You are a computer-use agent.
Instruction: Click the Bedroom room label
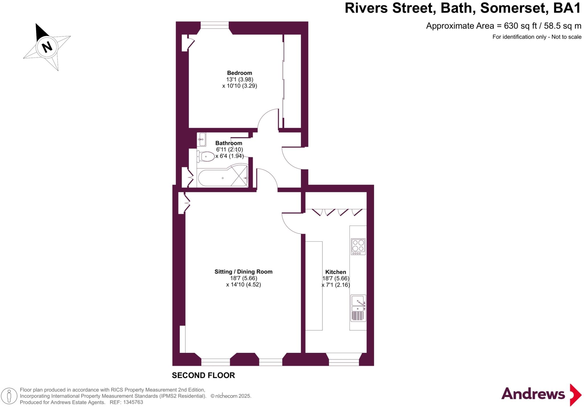[x=240, y=73]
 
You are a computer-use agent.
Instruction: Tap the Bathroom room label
[x=229, y=143]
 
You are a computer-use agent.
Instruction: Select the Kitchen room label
[x=336, y=272]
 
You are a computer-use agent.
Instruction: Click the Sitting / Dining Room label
[x=244, y=272]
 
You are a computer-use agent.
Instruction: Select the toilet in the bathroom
[x=206, y=156]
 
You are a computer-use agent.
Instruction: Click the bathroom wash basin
[x=202, y=139]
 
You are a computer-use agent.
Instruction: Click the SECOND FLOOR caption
[x=203, y=375]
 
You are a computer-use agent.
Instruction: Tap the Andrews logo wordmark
[x=533, y=394]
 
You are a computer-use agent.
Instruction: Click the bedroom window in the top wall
[x=214, y=25]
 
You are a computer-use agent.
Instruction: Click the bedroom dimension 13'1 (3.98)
[x=240, y=79]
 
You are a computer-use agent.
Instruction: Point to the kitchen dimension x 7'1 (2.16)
[x=336, y=285]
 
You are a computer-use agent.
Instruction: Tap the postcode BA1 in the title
[x=567, y=8]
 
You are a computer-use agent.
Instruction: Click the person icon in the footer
[x=9, y=396]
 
